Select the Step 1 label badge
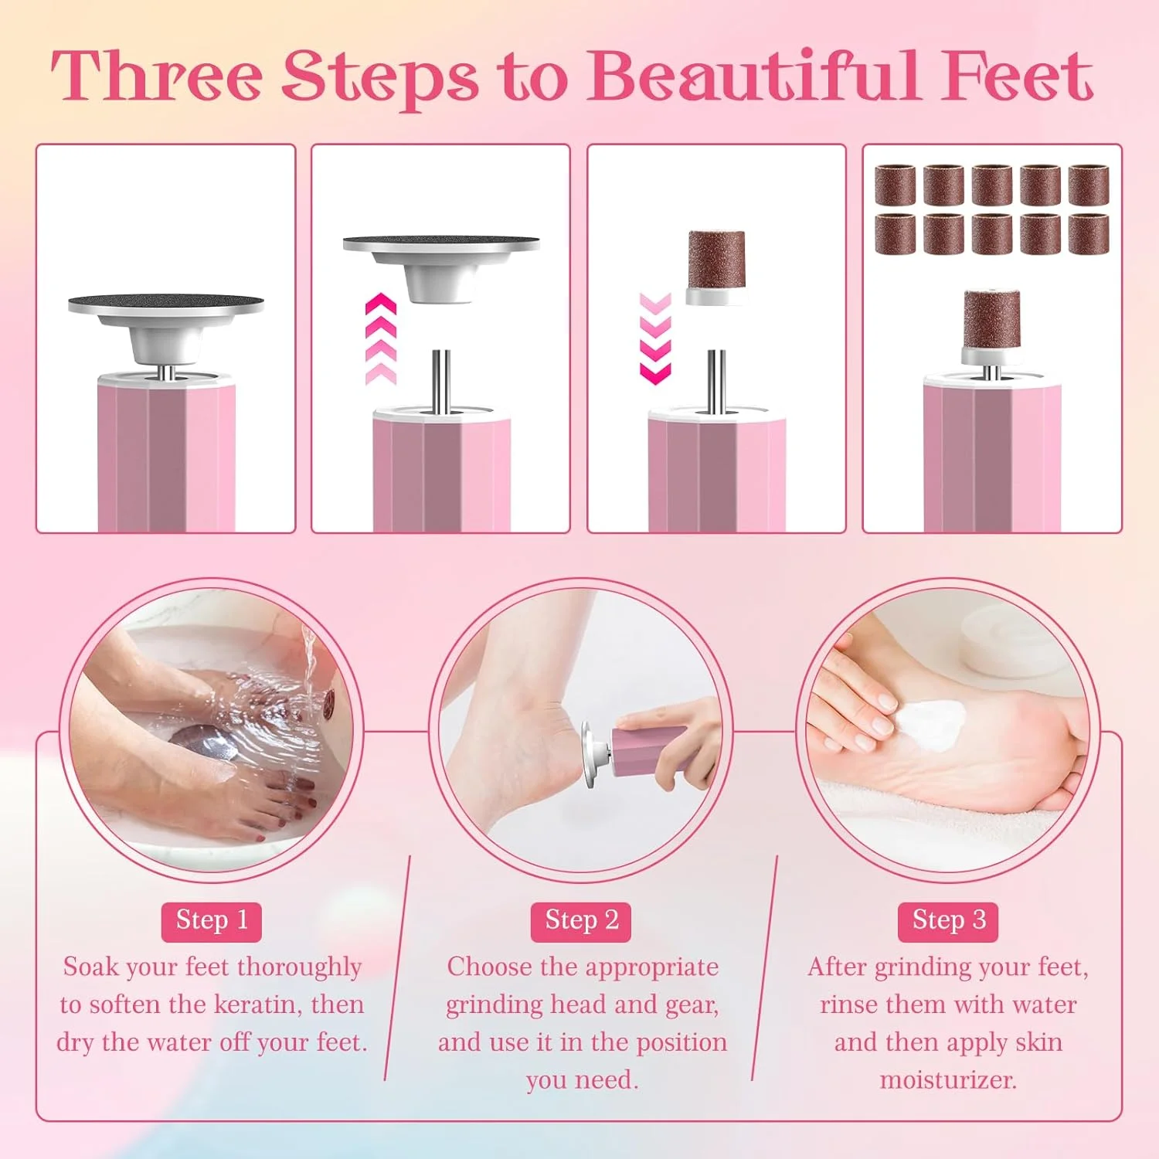pyautogui.click(x=212, y=921)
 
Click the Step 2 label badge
pyautogui.click(x=581, y=921)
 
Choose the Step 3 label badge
pyautogui.click(x=948, y=921)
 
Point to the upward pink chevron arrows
pyautogui.click(x=381, y=338)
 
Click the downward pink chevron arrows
pyautogui.click(x=656, y=338)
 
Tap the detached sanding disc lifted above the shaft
pyautogui.click(x=441, y=267)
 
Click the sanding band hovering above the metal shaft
pyautogui.click(x=716, y=267)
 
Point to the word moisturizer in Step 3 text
pyautogui.click(x=948, y=1079)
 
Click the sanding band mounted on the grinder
pyautogui.click(x=991, y=317)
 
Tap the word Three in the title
pyautogui.click(x=157, y=76)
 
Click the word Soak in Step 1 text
pyautogui.click(x=91, y=967)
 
